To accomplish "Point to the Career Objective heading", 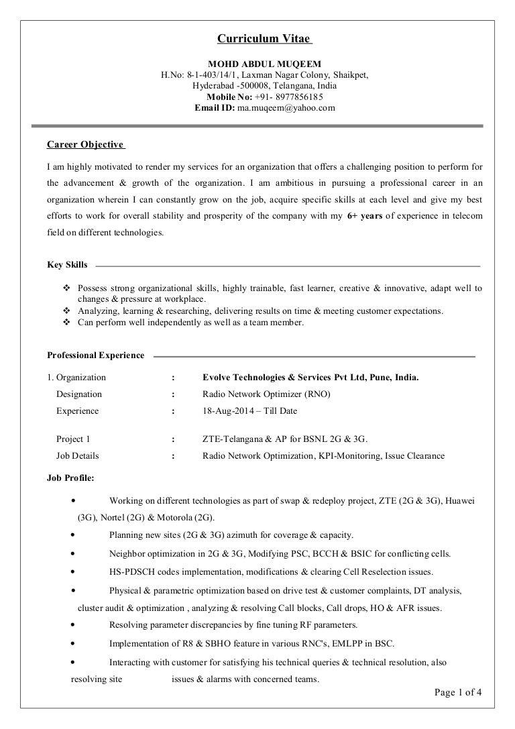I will click(84, 144).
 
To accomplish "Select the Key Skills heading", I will click(67, 266).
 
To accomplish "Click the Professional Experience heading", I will click(95, 355).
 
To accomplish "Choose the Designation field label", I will click(79, 394).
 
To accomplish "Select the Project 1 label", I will click(73, 439).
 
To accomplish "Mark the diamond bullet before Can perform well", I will click(66, 323).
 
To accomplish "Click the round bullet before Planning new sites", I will click(72, 535).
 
